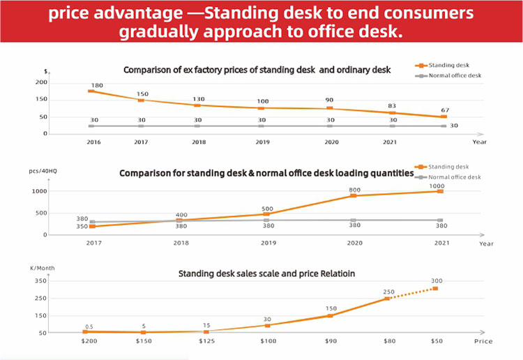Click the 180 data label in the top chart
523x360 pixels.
(97, 85)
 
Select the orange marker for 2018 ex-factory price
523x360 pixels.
(197, 105)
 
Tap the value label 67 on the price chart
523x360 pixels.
(445, 110)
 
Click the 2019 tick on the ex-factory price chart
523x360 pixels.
(262, 142)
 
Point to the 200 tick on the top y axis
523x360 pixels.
(41, 82)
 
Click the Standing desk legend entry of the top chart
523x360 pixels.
(442, 65)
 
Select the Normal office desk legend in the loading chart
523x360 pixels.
(448, 177)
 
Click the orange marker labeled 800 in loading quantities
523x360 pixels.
(354, 195)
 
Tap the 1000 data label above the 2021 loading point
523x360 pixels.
(437, 186)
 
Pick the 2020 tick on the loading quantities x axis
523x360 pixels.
(354, 243)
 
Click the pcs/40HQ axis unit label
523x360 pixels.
(43, 171)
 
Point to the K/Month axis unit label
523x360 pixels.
(43, 268)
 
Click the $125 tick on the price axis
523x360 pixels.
(207, 341)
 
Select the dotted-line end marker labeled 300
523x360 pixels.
(435, 289)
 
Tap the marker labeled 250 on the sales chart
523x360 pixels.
(386, 299)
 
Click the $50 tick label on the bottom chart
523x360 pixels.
(437, 341)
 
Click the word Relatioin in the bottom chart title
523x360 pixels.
(338, 273)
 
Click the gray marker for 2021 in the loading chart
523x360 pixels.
(440, 220)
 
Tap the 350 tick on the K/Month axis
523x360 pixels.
(40, 281)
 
